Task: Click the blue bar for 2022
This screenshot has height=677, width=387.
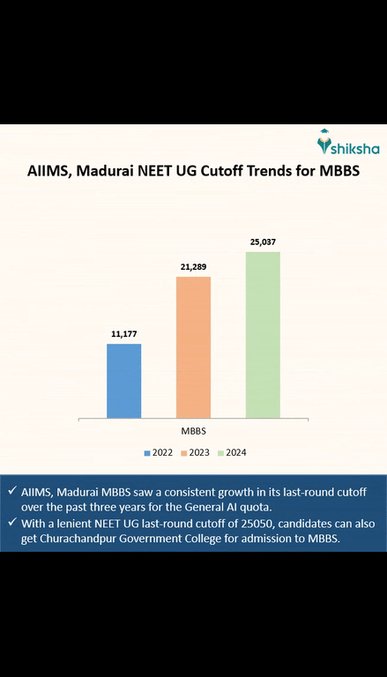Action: [x=123, y=380]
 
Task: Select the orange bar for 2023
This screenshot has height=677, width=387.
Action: [x=193, y=346]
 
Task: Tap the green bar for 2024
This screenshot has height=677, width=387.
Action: [x=263, y=334]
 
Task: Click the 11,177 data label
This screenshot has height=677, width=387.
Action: [x=124, y=334]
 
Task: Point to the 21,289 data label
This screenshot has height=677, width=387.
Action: [x=193, y=266]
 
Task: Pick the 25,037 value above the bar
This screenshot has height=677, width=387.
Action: [x=263, y=242]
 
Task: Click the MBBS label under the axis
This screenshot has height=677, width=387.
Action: [x=194, y=430]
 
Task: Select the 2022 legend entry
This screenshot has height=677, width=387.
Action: [x=160, y=452]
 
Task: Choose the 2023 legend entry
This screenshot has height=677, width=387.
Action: [x=197, y=452]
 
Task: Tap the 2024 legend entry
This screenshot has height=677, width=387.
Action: [x=232, y=452]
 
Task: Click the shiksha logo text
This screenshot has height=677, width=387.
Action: [x=348, y=145]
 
